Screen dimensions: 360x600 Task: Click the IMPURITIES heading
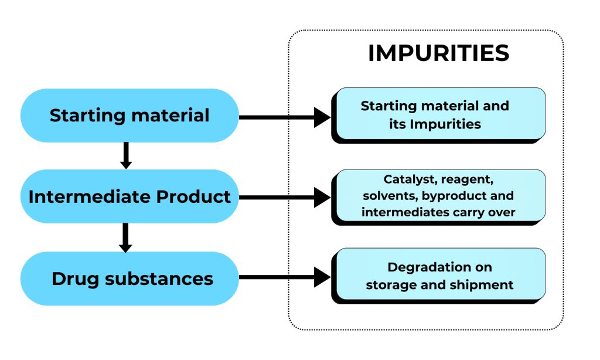[x=438, y=53]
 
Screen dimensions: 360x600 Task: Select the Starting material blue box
[x=129, y=116]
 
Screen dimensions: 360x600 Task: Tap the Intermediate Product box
[x=129, y=196]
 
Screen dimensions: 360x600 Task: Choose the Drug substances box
[x=129, y=279]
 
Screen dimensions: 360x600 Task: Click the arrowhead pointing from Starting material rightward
[x=322, y=117]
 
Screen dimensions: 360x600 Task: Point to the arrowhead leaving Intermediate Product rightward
[x=322, y=198]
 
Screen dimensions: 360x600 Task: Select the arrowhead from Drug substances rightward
[x=322, y=277]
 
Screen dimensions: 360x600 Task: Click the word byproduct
[x=455, y=195]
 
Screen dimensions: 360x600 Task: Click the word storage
[x=390, y=285]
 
